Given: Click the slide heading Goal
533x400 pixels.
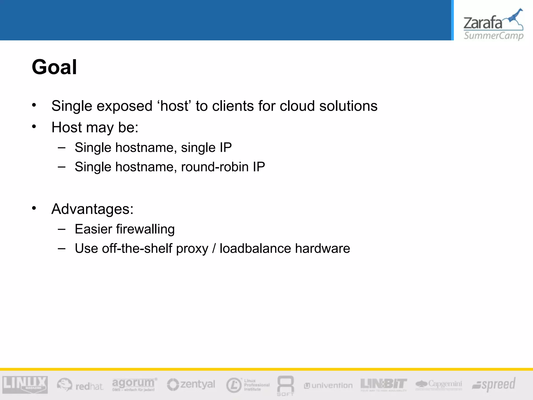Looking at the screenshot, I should (54, 67).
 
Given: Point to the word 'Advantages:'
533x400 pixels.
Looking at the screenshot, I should (92, 209).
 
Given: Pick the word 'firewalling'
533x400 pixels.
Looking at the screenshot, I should (145, 229).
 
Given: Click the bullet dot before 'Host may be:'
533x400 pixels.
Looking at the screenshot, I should (34, 127).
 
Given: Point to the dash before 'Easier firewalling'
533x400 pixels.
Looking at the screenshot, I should (62, 229).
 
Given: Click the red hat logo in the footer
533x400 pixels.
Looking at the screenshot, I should (80, 385).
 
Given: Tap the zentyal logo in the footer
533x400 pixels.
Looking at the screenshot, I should (191, 384).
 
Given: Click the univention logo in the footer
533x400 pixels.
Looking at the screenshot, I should (328, 385).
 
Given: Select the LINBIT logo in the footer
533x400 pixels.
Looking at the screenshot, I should (384, 384).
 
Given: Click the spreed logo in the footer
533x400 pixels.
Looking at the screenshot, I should (494, 384).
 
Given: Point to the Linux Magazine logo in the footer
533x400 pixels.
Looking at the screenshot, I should (25, 384).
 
